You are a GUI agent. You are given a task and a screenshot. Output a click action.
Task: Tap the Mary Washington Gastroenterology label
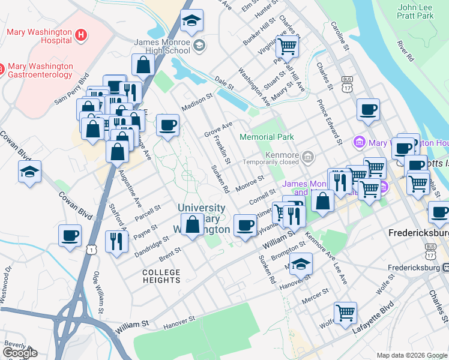pos(40,71)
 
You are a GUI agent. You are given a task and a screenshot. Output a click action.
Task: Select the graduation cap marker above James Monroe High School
pos(192,21)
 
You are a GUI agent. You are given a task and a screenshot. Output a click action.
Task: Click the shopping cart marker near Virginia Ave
pos(288,44)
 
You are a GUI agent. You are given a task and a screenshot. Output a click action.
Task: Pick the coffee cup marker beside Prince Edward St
pos(367,110)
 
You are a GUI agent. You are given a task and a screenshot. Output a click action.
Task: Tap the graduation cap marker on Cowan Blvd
pos(29,172)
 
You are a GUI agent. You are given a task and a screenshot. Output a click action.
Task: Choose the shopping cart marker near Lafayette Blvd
pos(345,312)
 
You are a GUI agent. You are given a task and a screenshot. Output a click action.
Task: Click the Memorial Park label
pos(267,137)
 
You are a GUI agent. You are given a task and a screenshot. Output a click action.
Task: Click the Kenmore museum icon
pos(309,157)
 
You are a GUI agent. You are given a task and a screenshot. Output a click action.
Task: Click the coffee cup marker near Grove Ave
pos(167,125)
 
